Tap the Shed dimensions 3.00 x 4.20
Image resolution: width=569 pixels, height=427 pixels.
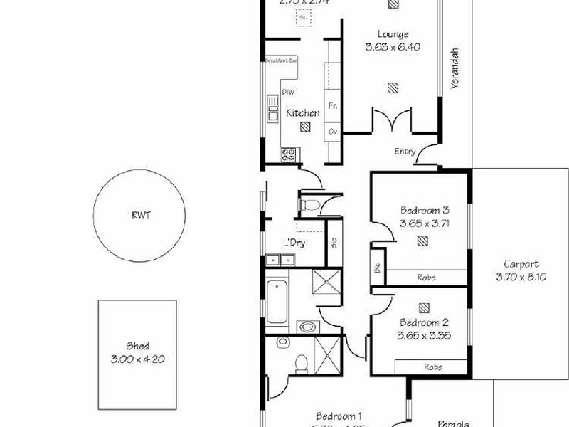click(137, 359)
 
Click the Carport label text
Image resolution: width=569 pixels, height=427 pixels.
click(521, 263)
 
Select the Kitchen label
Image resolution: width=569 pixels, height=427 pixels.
click(302, 113)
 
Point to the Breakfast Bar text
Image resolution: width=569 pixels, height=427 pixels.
click(282, 61)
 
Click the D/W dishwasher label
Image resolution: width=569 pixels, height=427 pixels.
click(288, 93)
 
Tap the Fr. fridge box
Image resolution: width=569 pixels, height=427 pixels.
click(333, 106)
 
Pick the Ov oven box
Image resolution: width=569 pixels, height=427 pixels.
click(333, 132)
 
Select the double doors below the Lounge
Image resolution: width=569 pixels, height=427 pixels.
click(390, 120)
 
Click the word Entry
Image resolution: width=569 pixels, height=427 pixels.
click(405, 152)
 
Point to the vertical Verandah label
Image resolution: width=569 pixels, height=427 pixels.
click(452, 70)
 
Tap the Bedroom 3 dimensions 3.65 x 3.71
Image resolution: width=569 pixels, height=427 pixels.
click(425, 223)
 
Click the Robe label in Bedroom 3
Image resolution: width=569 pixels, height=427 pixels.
click(427, 278)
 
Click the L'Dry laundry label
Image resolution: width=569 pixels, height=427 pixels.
click(294, 243)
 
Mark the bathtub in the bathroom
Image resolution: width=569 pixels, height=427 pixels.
click(277, 301)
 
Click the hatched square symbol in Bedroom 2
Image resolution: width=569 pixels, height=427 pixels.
click(425, 307)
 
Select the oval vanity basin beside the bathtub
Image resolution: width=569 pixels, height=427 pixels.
click(307, 327)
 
